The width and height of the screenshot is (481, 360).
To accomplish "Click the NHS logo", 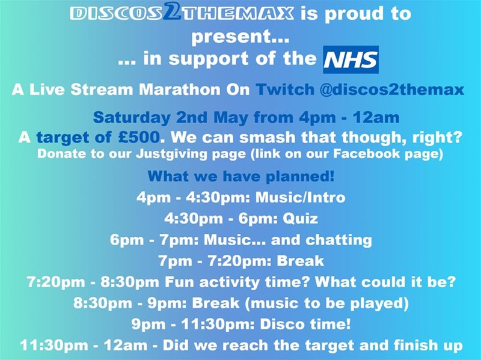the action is pyautogui.click(x=351, y=59).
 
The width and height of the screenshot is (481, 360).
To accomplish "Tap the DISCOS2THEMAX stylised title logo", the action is pyautogui.click(x=182, y=13).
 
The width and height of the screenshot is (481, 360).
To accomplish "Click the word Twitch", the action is pyautogui.click(x=285, y=90).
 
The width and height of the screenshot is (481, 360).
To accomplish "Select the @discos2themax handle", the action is pyautogui.click(x=392, y=90).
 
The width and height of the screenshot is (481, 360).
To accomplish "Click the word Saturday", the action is pyautogui.click(x=132, y=118).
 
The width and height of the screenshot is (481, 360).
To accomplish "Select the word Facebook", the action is pyautogui.click(x=366, y=154).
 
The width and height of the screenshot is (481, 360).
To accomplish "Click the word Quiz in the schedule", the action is pyautogui.click(x=300, y=219).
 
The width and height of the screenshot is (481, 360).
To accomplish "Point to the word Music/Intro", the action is pyautogui.click(x=300, y=197).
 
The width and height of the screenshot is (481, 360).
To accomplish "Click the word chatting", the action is pyautogui.click(x=339, y=240).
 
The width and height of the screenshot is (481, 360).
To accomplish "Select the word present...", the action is pyautogui.click(x=231, y=37).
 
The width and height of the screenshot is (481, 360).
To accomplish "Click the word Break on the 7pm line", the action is pyautogui.click(x=300, y=261).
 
